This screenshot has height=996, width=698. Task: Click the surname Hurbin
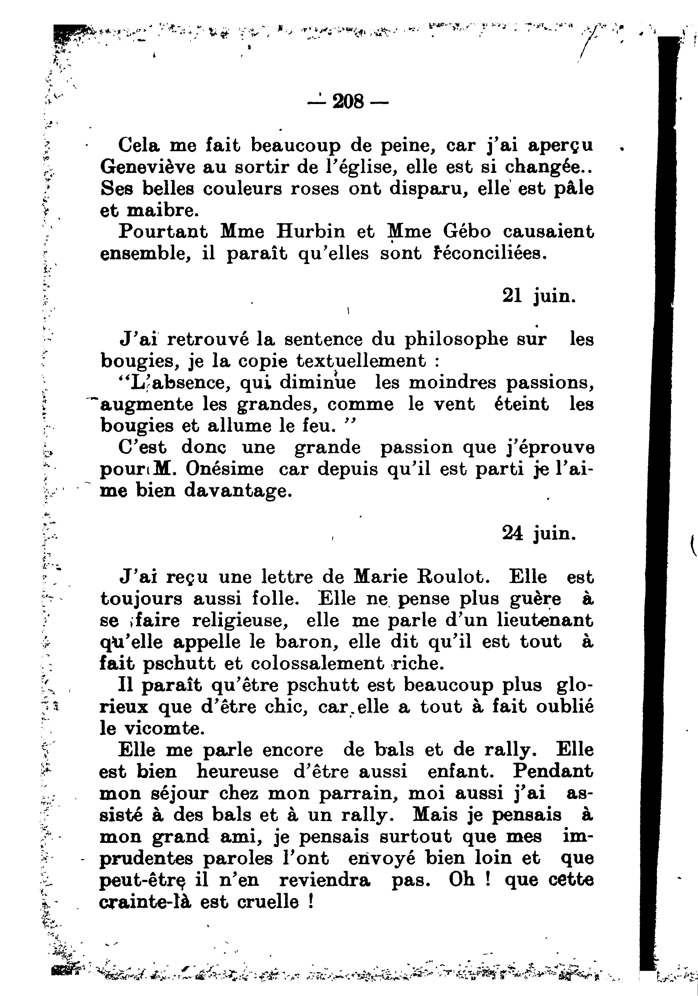click(310, 232)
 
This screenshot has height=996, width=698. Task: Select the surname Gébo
click(467, 232)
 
